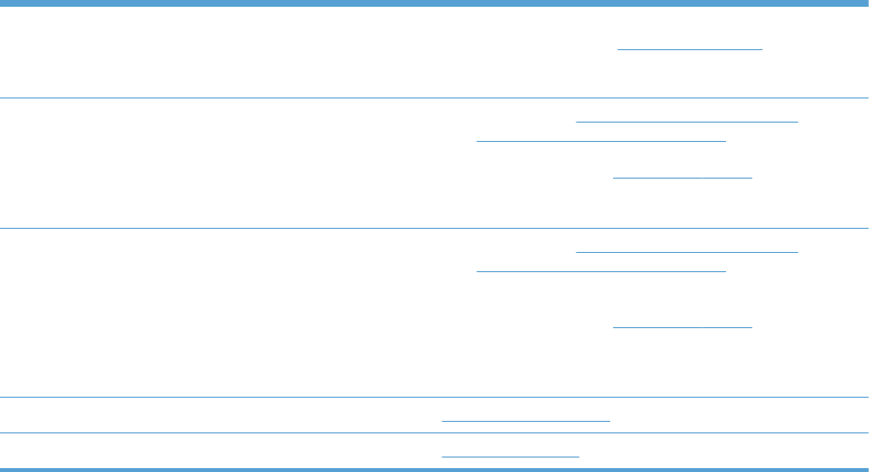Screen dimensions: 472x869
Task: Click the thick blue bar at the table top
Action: click(x=434, y=4)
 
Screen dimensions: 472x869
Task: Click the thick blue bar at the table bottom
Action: click(x=434, y=468)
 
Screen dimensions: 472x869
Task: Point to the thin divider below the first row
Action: click(x=434, y=97)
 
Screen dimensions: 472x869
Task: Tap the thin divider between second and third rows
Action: click(x=434, y=228)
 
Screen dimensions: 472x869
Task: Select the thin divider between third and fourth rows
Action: click(x=434, y=397)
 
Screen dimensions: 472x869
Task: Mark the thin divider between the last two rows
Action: click(x=434, y=432)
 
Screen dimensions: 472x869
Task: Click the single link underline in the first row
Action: click(x=690, y=48)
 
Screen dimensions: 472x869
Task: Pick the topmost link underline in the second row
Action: click(x=687, y=122)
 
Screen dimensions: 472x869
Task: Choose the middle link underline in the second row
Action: click(x=601, y=140)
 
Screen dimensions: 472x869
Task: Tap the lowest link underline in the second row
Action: click(x=683, y=179)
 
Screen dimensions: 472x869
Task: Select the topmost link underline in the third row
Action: click(x=687, y=252)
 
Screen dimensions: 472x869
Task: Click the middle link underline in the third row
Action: click(x=601, y=270)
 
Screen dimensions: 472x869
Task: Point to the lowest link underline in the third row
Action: click(x=683, y=327)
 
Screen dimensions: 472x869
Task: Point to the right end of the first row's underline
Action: click(x=762, y=48)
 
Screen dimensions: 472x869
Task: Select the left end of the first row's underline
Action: click(x=619, y=48)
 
